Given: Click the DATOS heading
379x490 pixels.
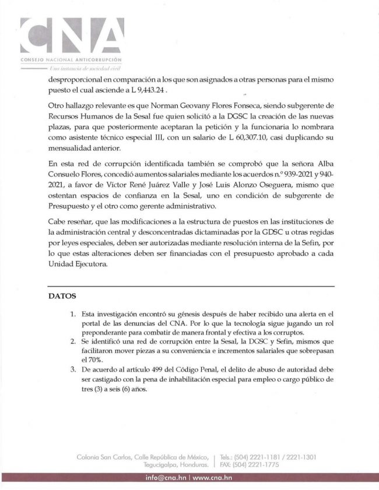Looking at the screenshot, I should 61,295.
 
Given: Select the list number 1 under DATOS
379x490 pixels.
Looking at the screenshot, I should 72,315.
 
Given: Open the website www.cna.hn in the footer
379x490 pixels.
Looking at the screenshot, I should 212,478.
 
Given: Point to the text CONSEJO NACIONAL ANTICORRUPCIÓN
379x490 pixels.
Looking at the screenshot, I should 71,60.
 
